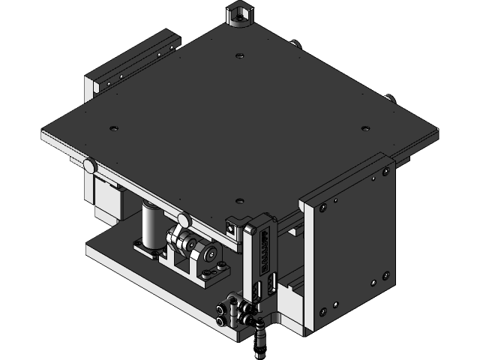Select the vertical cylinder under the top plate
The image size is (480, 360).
click(x=151, y=224)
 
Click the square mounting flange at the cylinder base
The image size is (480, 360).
click(x=149, y=248)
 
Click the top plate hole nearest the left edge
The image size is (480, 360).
click(x=113, y=128)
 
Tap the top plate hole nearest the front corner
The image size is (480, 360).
click(x=238, y=200)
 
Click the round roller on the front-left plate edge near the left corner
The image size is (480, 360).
click(x=89, y=164)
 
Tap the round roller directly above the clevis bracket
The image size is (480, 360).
click(x=182, y=220)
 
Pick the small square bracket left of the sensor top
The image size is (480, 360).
click(x=233, y=223)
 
